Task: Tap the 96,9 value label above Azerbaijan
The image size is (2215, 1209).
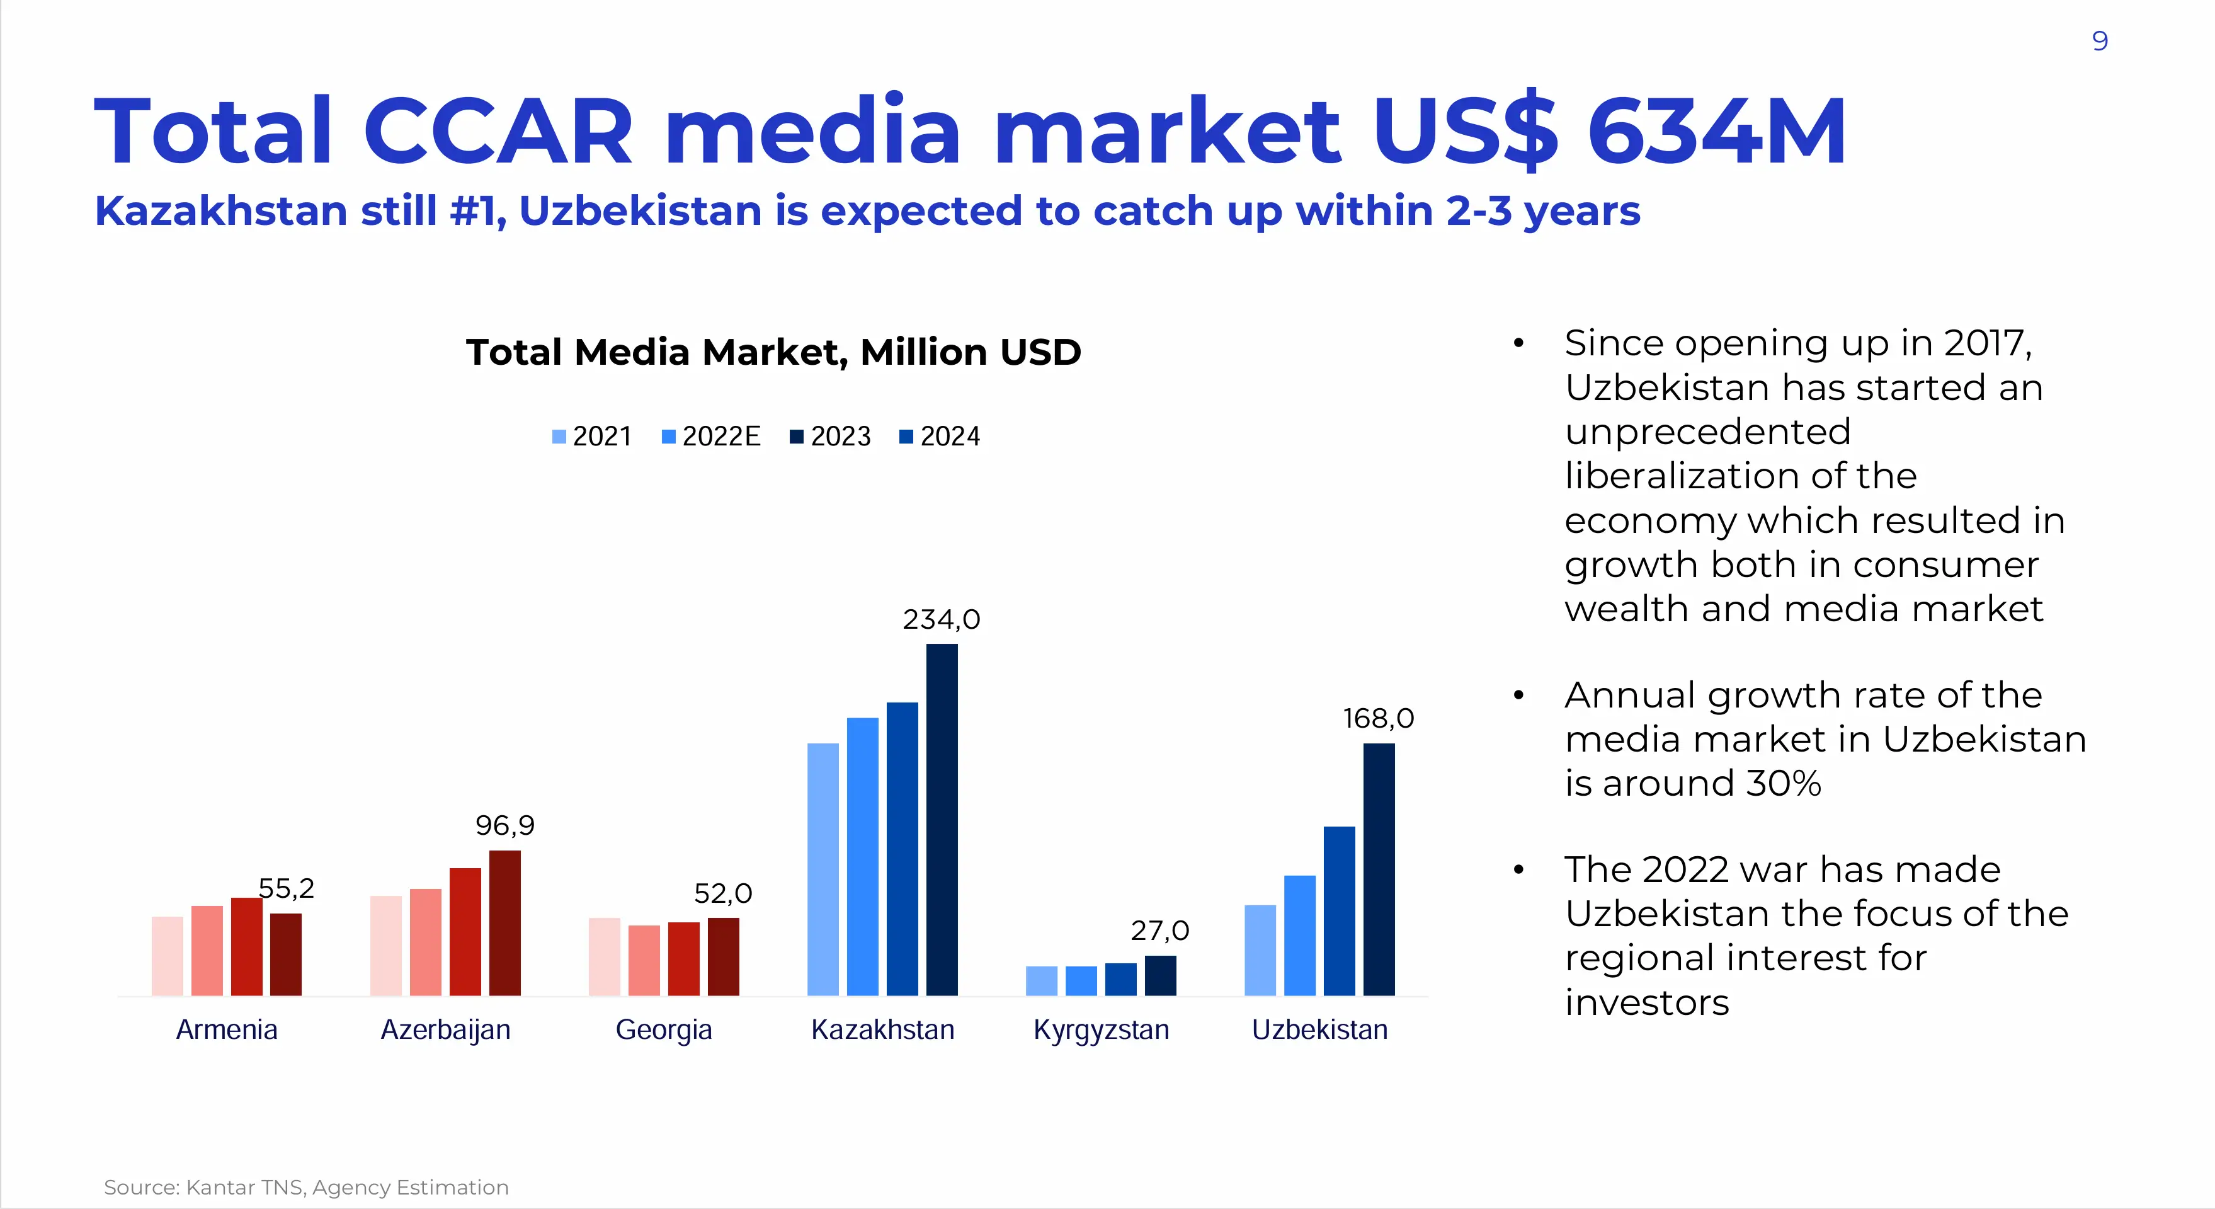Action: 504,825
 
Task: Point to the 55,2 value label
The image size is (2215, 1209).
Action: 287,888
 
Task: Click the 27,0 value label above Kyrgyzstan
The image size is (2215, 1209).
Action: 1159,931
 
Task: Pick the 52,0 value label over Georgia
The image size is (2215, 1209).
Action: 722,893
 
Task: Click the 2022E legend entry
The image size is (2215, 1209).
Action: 711,437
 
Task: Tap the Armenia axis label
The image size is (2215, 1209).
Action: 226,1029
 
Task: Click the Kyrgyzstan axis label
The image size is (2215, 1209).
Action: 1101,1029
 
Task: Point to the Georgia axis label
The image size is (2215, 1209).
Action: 664,1029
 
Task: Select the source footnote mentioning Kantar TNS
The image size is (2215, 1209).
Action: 306,1188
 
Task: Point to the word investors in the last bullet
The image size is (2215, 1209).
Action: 1646,1002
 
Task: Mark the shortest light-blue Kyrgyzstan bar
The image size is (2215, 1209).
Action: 1041,980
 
